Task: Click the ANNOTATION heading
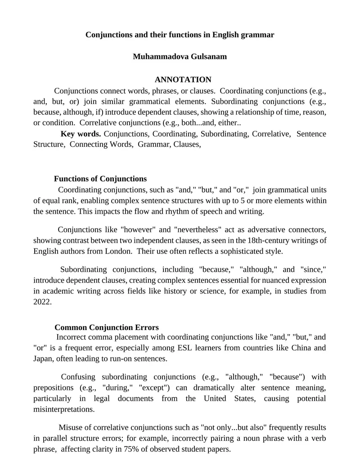point(183,80)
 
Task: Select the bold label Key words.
point(81,134)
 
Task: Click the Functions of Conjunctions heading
point(100,179)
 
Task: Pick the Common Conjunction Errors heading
point(107,327)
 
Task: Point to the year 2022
point(42,302)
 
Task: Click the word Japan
point(44,359)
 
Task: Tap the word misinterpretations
point(64,409)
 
